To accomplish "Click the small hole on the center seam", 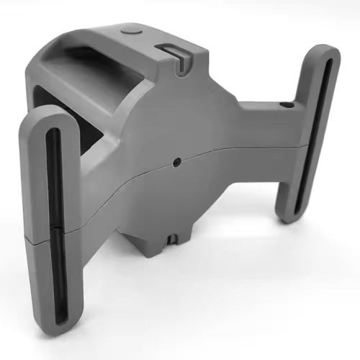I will pos(176,162).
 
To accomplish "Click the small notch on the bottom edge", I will pos(173,238).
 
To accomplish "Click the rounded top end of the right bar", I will pos(325,55).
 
